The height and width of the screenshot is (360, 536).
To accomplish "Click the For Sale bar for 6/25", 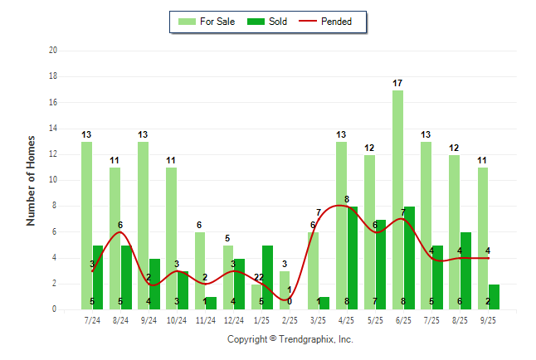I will [398, 199].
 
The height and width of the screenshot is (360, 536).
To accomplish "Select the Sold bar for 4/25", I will [353, 257].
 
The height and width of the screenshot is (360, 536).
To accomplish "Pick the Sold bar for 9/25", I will [494, 297].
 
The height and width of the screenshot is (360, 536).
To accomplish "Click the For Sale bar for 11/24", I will [200, 270].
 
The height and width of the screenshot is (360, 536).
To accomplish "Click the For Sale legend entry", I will [207, 22].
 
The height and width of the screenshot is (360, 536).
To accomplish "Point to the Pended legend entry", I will [335, 22].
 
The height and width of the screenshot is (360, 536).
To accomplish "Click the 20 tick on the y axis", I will [53, 51].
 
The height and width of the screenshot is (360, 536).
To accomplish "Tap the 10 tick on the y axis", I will [53, 180].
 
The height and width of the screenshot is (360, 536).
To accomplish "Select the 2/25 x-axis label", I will [290, 319].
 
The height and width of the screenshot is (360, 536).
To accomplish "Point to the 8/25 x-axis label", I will [460, 319].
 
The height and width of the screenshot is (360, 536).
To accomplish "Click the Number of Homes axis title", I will [31, 180].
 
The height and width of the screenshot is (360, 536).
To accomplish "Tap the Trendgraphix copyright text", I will [290, 339].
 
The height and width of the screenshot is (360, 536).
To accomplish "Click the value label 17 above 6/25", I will [398, 83].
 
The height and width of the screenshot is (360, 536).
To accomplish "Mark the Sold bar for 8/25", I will [465, 270].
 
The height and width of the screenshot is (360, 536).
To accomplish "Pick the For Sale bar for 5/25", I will [369, 231].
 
